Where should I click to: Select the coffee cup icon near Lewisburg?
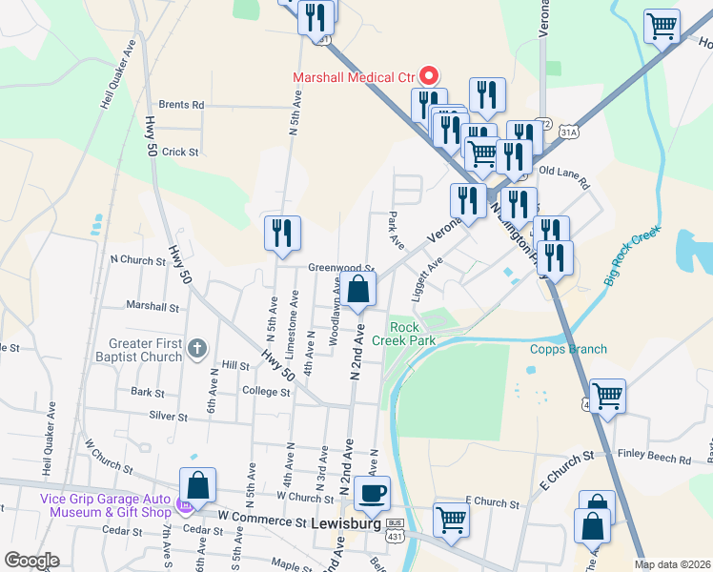[372, 494]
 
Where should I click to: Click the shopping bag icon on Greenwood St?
[358, 290]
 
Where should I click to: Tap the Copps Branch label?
[568, 349]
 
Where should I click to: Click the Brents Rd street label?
[181, 105]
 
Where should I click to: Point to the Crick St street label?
[180, 152]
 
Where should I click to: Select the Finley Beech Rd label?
[654, 459]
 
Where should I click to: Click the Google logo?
[31, 561]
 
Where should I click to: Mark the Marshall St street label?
[153, 307]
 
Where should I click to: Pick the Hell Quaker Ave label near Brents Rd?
[117, 74]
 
